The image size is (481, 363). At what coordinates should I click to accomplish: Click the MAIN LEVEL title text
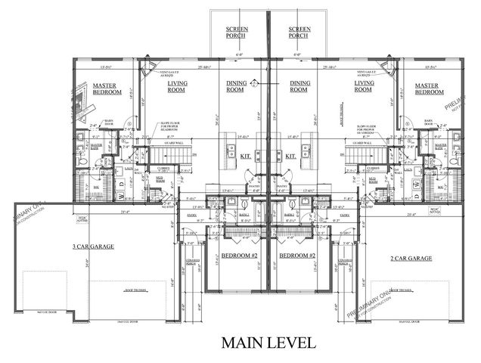(x=268, y=343)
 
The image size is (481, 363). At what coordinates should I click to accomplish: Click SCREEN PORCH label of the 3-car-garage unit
(x=233, y=33)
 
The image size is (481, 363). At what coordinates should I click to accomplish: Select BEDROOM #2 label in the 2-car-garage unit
(x=296, y=256)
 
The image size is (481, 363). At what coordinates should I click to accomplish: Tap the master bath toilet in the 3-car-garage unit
(x=81, y=160)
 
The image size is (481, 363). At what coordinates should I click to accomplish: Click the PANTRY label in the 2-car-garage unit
(x=282, y=185)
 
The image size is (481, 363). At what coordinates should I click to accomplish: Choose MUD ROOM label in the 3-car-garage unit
(x=160, y=181)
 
